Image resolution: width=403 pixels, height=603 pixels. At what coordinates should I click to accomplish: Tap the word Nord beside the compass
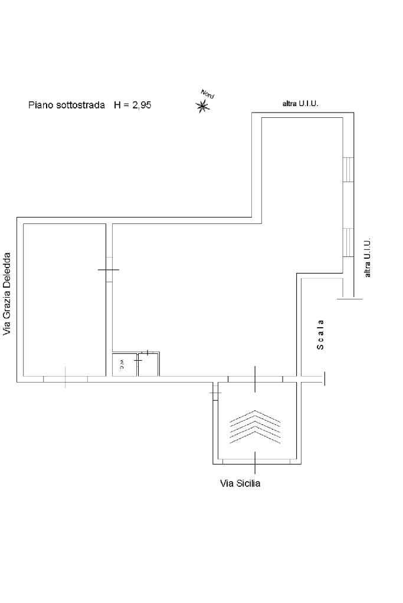pyautogui.click(x=208, y=94)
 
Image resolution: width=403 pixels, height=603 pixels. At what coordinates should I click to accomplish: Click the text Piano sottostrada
pyautogui.click(x=67, y=105)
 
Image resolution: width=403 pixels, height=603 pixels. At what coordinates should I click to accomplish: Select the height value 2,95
pyautogui.click(x=142, y=105)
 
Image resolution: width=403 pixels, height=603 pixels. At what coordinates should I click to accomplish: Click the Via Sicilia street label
pyautogui.click(x=240, y=483)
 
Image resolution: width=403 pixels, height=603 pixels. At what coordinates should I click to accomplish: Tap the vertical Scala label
pyautogui.click(x=320, y=335)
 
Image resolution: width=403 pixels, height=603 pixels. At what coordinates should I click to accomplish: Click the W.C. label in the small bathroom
pyautogui.click(x=122, y=364)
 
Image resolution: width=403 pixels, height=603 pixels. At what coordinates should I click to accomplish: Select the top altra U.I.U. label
pyautogui.click(x=300, y=104)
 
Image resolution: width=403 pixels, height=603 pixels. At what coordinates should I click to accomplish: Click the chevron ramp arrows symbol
pyautogui.click(x=255, y=427)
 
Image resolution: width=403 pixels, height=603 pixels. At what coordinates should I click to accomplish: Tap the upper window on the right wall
pyautogui.click(x=348, y=169)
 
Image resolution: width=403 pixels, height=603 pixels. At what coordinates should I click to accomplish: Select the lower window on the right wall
pyautogui.click(x=348, y=242)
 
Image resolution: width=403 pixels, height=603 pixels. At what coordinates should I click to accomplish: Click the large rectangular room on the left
pyautogui.click(x=65, y=299)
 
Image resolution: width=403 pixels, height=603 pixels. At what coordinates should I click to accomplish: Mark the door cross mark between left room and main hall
pyautogui.click(x=109, y=269)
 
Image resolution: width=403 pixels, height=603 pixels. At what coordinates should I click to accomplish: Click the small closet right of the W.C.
pyautogui.click(x=148, y=364)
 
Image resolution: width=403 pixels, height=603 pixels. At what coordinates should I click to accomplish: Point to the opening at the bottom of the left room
pyautogui.click(x=65, y=379)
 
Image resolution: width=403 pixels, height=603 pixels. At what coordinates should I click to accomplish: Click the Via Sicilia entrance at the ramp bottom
pyautogui.click(x=255, y=462)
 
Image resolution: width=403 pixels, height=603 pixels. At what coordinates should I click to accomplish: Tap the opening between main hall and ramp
pyautogui.click(x=255, y=379)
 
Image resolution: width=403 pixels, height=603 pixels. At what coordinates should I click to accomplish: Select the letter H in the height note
pyautogui.click(x=117, y=105)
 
